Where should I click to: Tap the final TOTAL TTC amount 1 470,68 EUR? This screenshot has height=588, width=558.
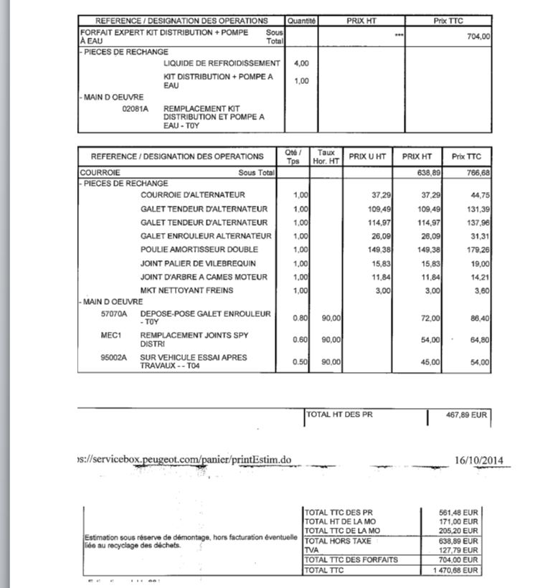pyautogui.click(x=457, y=570)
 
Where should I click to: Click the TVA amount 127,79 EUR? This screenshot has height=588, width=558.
pyautogui.click(x=461, y=550)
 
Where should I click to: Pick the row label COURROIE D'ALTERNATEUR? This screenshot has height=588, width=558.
pyautogui.click(x=193, y=195)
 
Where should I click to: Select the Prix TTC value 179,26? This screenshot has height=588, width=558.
pyautogui.click(x=476, y=250)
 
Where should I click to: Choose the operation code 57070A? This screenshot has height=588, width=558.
pyautogui.click(x=114, y=314)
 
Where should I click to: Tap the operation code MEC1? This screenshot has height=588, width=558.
pyautogui.click(x=110, y=335)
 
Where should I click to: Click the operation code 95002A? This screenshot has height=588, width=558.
pyautogui.click(x=114, y=357)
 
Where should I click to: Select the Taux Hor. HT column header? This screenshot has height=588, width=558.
pyautogui.click(x=326, y=156)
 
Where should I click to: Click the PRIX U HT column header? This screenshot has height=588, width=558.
pyautogui.click(x=368, y=156)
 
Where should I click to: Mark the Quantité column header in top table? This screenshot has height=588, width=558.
pyautogui.click(x=301, y=22)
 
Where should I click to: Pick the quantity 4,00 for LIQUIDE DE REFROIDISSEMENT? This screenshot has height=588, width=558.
pyautogui.click(x=301, y=63)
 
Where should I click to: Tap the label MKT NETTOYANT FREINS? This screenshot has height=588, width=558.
pyautogui.click(x=187, y=290)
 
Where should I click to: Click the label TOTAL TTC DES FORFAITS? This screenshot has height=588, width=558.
pyautogui.click(x=351, y=559)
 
